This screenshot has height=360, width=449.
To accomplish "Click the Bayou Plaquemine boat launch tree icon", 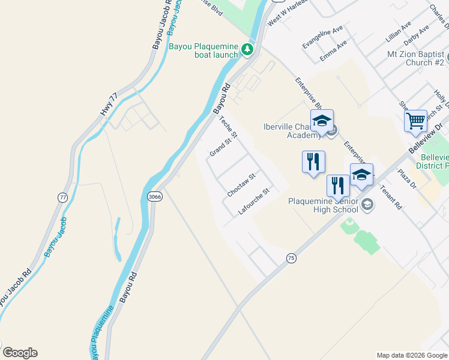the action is (247, 49).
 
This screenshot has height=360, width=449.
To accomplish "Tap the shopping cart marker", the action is (415, 121).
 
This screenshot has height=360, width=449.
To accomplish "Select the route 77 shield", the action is (62, 197).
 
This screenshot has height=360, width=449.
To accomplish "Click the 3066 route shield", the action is (155, 196).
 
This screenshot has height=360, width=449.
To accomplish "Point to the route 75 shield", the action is (291, 257).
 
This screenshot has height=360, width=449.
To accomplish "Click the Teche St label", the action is (230, 126).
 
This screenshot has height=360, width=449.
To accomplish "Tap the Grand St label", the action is (220, 148).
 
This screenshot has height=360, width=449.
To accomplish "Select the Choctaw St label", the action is (241, 185).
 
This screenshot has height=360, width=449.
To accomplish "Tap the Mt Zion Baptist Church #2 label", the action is (416, 58).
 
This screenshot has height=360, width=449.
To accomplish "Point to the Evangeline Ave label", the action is (322, 37).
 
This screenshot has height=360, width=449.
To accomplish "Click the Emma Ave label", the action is (334, 50).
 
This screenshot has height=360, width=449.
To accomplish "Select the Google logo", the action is (20, 353).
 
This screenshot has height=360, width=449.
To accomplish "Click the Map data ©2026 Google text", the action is (411, 355).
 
